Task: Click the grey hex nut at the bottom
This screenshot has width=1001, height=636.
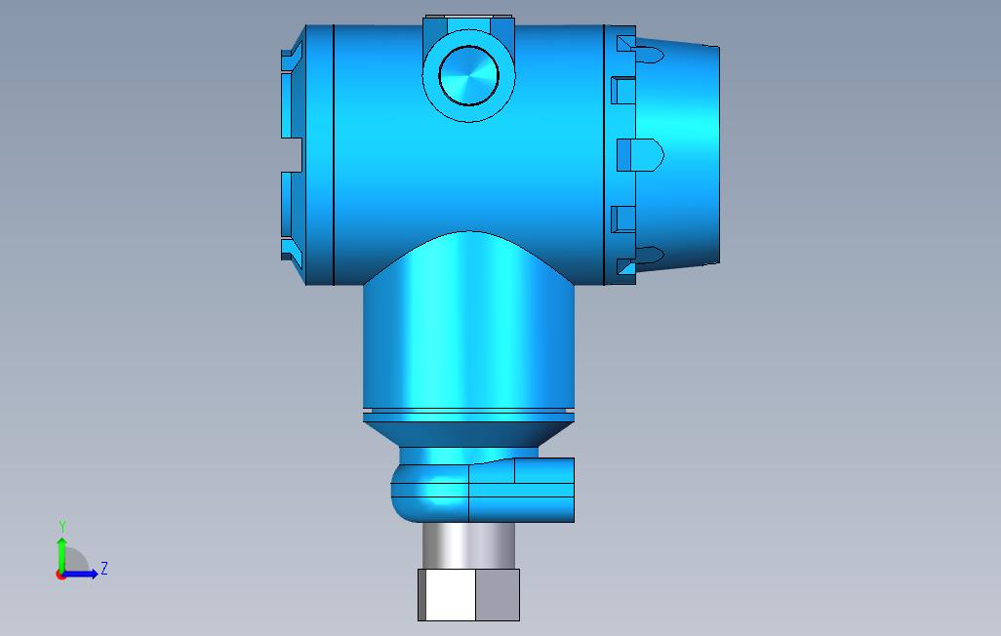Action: pyautogui.click(x=468, y=595)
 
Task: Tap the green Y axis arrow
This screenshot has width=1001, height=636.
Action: pyautogui.click(x=61, y=552)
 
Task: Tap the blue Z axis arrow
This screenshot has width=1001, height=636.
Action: pyautogui.click(x=84, y=574)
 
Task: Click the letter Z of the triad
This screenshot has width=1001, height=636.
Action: pyautogui.click(x=104, y=569)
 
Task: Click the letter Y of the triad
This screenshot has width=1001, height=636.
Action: pyautogui.click(x=62, y=527)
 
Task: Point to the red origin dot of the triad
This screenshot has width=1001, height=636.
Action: pyautogui.click(x=60, y=575)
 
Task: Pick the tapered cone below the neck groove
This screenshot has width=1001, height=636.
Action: pyautogui.click(x=468, y=431)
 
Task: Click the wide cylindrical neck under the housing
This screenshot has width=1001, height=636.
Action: pyautogui.click(x=468, y=341)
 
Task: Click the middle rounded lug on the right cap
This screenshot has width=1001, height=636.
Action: pyautogui.click(x=644, y=154)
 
